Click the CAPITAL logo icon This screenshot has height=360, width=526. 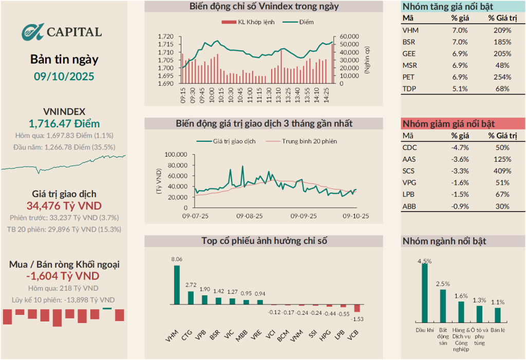click(x=33, y=32)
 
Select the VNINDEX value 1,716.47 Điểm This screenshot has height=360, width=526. click(x=64, y=123)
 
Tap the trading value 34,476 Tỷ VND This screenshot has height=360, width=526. click(x=64, y=205)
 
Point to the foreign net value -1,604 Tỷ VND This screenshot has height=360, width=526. click(x=64, y=276)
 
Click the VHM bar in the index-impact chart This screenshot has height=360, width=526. click(x=177, y=285)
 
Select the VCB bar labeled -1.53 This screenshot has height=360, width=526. click(x=357, y=309)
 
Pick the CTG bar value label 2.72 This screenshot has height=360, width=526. click(x=190, y=285)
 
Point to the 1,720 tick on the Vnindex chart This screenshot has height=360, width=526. click(x=167, y=36)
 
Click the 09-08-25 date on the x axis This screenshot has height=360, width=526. click(x=250, y=217)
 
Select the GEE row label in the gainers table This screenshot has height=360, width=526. click(x=409, y=53)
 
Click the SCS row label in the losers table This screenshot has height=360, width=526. click(x=409, y=171)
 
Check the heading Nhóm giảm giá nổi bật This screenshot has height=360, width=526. click(x=448, y=124)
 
